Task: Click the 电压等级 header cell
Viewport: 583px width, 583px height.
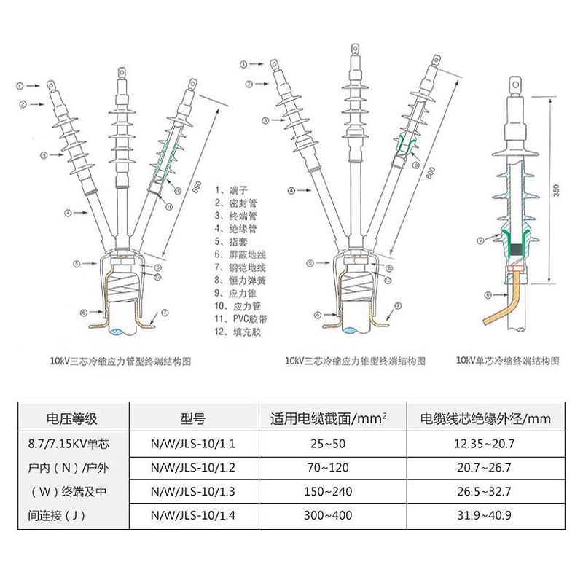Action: click(x=72, y=418)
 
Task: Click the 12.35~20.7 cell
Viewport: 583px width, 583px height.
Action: click(x=485, y=442)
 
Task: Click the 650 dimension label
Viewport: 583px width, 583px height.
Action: click(x=196, y=187)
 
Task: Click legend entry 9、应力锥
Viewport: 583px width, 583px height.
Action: click(x=237, y=293)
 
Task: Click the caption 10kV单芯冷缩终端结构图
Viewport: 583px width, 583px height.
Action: click(x=508, y=361)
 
